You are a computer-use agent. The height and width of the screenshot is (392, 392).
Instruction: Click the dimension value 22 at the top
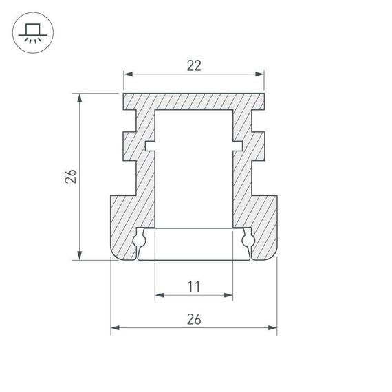click(x=194, y=65)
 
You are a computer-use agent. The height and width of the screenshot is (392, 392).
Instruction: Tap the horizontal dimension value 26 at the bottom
click(x=194, y=318)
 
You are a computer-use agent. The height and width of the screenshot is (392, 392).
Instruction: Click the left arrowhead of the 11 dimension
click(x=159, y=295)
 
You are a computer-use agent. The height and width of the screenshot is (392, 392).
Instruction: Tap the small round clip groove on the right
click(x=248, y=241)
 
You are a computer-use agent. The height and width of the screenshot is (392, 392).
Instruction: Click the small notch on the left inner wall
click(x=149, y=145)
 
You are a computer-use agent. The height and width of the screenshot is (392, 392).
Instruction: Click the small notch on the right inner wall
click(x=238, y=145)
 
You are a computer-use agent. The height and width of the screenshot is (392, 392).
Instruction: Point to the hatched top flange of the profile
click(x=194, y=100)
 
